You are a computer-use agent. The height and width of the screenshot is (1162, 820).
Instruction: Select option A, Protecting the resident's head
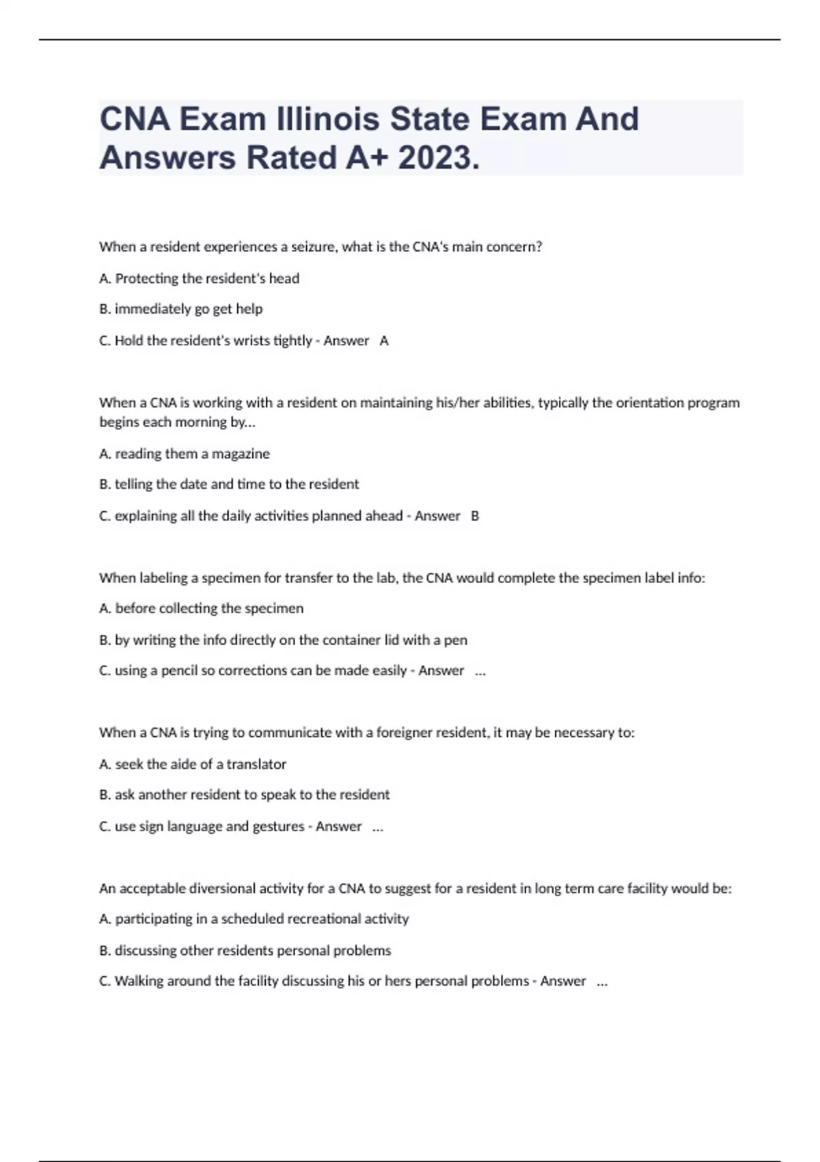click(200, 278)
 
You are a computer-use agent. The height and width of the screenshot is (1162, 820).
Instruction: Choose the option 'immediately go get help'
click(181, 309)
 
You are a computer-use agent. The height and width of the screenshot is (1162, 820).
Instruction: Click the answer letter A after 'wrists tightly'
click(384, 340)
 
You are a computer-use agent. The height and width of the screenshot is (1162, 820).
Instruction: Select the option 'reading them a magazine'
click(184, 453)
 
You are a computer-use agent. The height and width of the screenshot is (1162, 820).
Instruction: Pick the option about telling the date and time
click(229, 484)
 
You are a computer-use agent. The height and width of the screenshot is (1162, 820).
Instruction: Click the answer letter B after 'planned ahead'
click(475, 515)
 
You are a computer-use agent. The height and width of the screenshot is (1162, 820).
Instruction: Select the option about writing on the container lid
click(284, 640)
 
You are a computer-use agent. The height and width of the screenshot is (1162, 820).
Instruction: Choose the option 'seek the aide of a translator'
click(193, 764)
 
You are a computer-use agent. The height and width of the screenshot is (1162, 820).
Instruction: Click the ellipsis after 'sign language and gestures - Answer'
click(378, 827)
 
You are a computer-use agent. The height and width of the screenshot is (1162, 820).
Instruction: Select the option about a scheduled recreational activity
click(254, 919)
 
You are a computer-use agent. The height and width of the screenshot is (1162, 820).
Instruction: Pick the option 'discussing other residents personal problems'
click(245, 950)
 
